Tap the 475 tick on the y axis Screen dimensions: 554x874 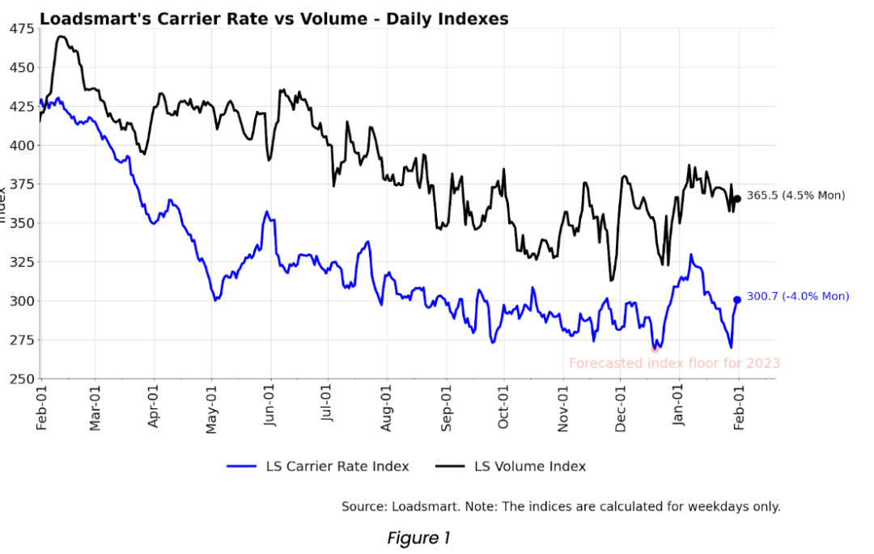coord(22,29)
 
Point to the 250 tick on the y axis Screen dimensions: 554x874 coord(22,378)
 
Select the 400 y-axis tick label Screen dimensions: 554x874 coord(22,146)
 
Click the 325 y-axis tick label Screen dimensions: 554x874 coord(22,262)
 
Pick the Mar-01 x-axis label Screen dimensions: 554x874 coord(95,407)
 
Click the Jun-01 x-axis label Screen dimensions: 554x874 coord(269,407)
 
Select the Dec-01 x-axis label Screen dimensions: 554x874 coord(621,407)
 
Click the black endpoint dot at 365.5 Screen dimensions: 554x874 coord(736,199)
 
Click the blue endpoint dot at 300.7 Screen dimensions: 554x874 coord(736,300)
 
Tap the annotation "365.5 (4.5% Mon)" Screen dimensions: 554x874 coord(795,196)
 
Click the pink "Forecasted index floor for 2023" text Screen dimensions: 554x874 coord(674,364)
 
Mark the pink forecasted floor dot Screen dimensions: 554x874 coord(655,349)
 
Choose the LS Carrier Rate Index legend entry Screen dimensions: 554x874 coord(317,467)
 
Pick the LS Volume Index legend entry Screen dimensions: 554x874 coord(511,467)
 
